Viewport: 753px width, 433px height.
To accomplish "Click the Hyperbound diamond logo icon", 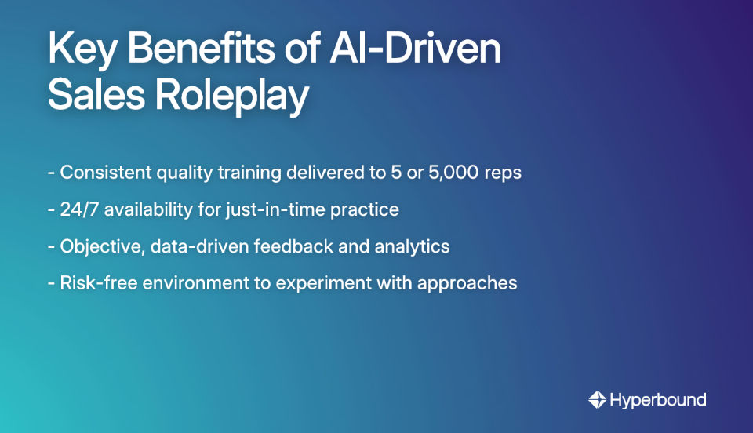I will [597, 400].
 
